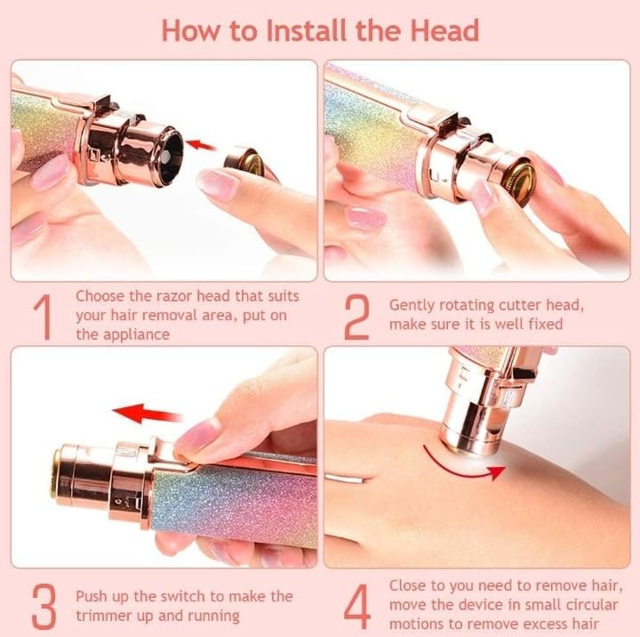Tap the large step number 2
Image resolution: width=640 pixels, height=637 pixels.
coord(356,318)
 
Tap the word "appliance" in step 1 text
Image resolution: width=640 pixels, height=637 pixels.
coord(136,335)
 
